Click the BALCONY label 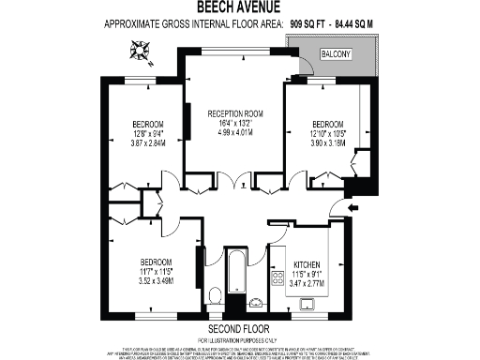point(336,55)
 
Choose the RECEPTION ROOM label point(232,114)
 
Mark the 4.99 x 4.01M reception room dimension point(232,132)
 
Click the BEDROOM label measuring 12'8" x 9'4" point(147,125)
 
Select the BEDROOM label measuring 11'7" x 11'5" point(157,261)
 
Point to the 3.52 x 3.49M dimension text point(157,279)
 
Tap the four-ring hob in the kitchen point(278,277)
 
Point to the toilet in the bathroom point(215,297)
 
